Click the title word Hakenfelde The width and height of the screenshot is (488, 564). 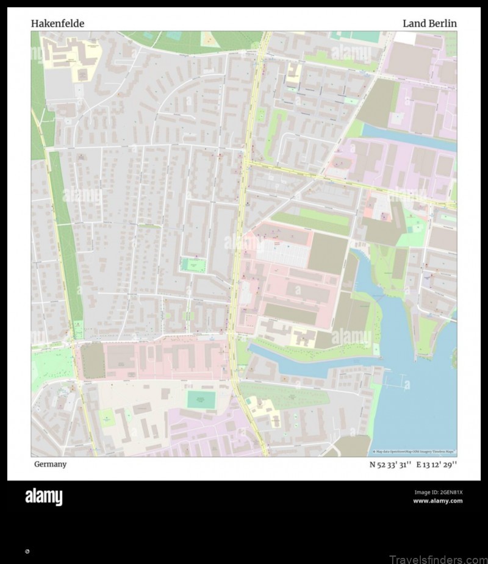(57, 24)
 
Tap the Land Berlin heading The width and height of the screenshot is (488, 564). (429, 24)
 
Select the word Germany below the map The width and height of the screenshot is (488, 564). (50, 465)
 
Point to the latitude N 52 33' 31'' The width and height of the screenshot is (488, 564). (390, 465)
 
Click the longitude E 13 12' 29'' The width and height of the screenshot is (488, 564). (437, 465)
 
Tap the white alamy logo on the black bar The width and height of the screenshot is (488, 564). (43, 497)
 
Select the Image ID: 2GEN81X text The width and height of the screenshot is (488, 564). (439, 492)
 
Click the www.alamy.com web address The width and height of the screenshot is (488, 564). (437, 501)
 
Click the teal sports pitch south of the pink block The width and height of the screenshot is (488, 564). (201, 400)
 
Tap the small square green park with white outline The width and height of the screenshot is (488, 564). (193, 265)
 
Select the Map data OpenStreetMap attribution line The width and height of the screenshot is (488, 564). (414, 452)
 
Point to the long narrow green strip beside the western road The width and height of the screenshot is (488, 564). (66, 244)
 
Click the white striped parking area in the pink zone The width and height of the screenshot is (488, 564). (281, 251)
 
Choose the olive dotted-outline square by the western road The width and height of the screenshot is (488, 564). (93, 361)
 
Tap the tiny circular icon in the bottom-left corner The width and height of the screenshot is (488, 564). (27, 551)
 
